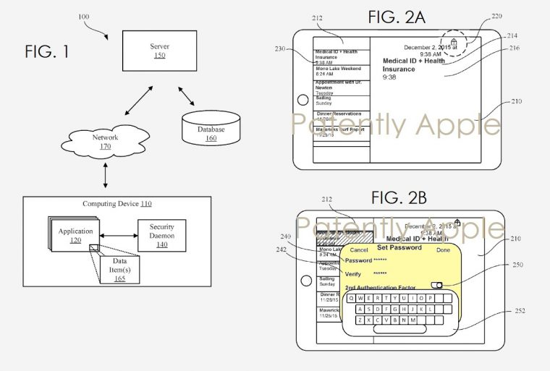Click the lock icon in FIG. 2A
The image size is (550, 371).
[454, 43]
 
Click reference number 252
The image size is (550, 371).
[520, 311]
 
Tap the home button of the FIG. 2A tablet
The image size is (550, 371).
[303, 101]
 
